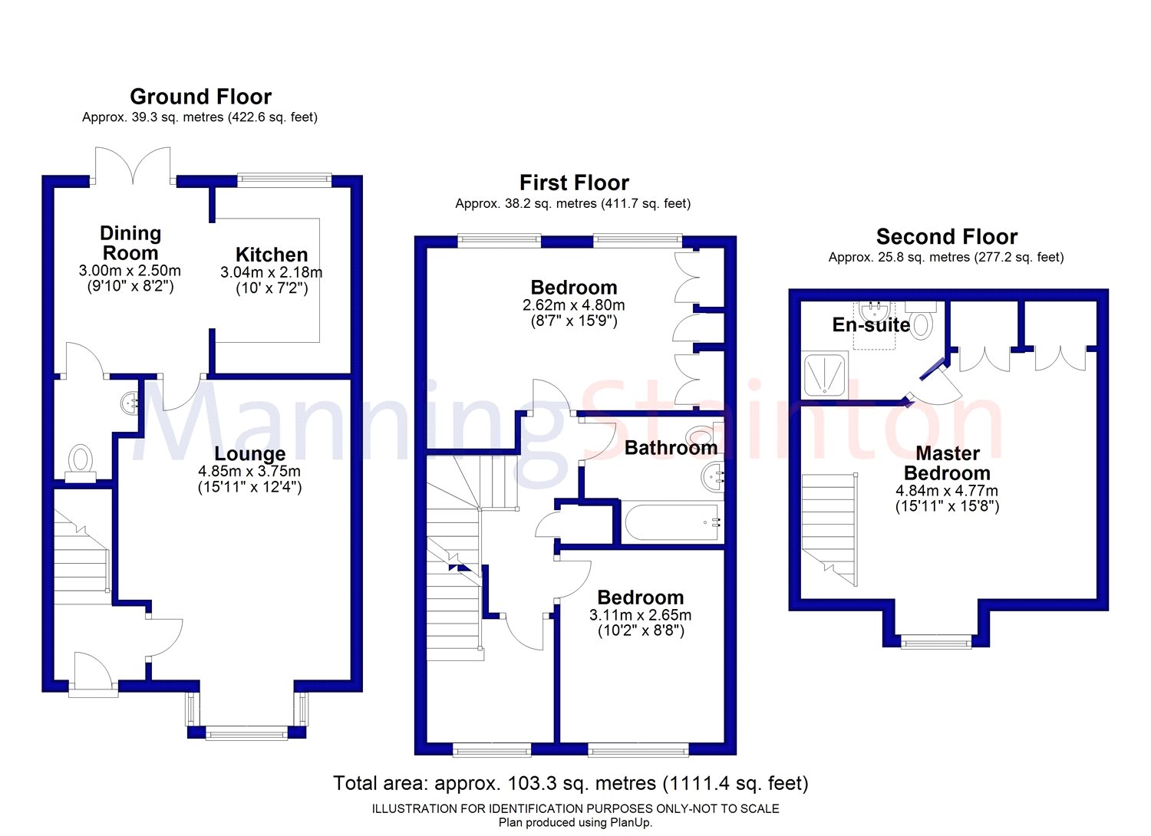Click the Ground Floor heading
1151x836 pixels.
tap(200, 97)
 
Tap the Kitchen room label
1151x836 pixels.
tap(272, 255)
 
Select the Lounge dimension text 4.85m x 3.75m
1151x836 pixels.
tap(249, 471)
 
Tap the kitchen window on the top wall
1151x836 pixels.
tap(284, 179)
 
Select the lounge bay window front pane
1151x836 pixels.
tap(246, 732)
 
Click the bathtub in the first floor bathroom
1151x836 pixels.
tap(672, 522)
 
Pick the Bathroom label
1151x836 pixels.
tap(671, 448)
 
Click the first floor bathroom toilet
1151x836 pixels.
tap(707, 437)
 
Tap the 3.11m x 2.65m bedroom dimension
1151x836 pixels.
tap(640, 614)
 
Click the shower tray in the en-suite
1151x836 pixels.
tap(825, 374)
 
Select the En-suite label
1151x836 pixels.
tap(871, 324)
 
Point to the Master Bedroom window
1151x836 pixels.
tap(936, 642)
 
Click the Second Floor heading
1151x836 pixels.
tap(946, 237)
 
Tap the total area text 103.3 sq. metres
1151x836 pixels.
tap(582, 783)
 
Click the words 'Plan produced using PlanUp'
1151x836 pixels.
tap(575, 823)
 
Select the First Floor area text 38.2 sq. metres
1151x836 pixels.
tap(550, 204)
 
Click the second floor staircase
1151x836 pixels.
tap(829, 529)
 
